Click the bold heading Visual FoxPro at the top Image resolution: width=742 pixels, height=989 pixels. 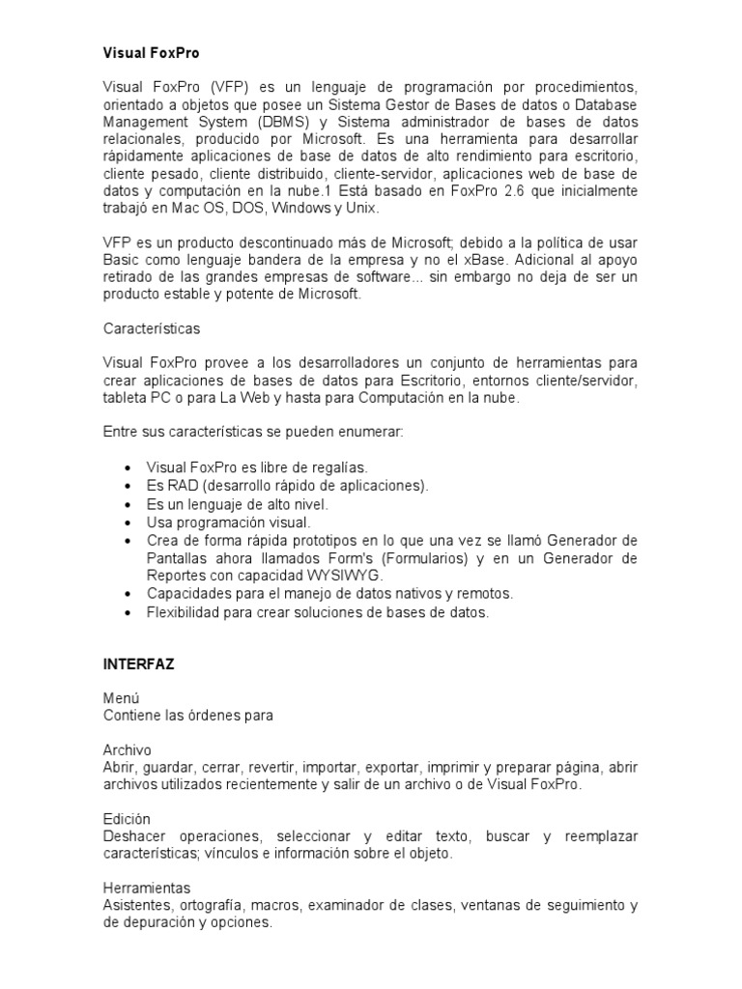pyautogui.click(x=151, y=54)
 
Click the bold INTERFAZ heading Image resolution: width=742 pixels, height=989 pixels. pyautogui.click(x=138, y=665)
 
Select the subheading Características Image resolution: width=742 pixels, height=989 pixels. pyautogui.click(x=152, y=328)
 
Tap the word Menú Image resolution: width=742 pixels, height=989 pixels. pyautogui.click(x=122, y=698)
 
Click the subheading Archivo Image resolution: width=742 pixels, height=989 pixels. pyautogui.click(x=128, y=750)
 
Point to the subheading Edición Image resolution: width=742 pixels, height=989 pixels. pyautogui.click(x=128, y=819)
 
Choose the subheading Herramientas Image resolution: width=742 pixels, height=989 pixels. pyautogui.click(x=147, y=888)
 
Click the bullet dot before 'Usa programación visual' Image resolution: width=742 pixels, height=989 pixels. pyautogui.click(x=128, y=523)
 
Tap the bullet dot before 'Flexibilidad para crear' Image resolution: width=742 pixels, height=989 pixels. pyautogui.click(x=128, y=612)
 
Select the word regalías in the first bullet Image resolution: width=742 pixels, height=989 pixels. pyautogui.click(x=340, y=466)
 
